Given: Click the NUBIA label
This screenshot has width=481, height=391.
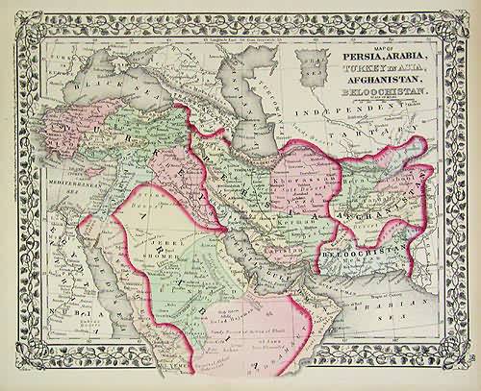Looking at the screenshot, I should [60, 315].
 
